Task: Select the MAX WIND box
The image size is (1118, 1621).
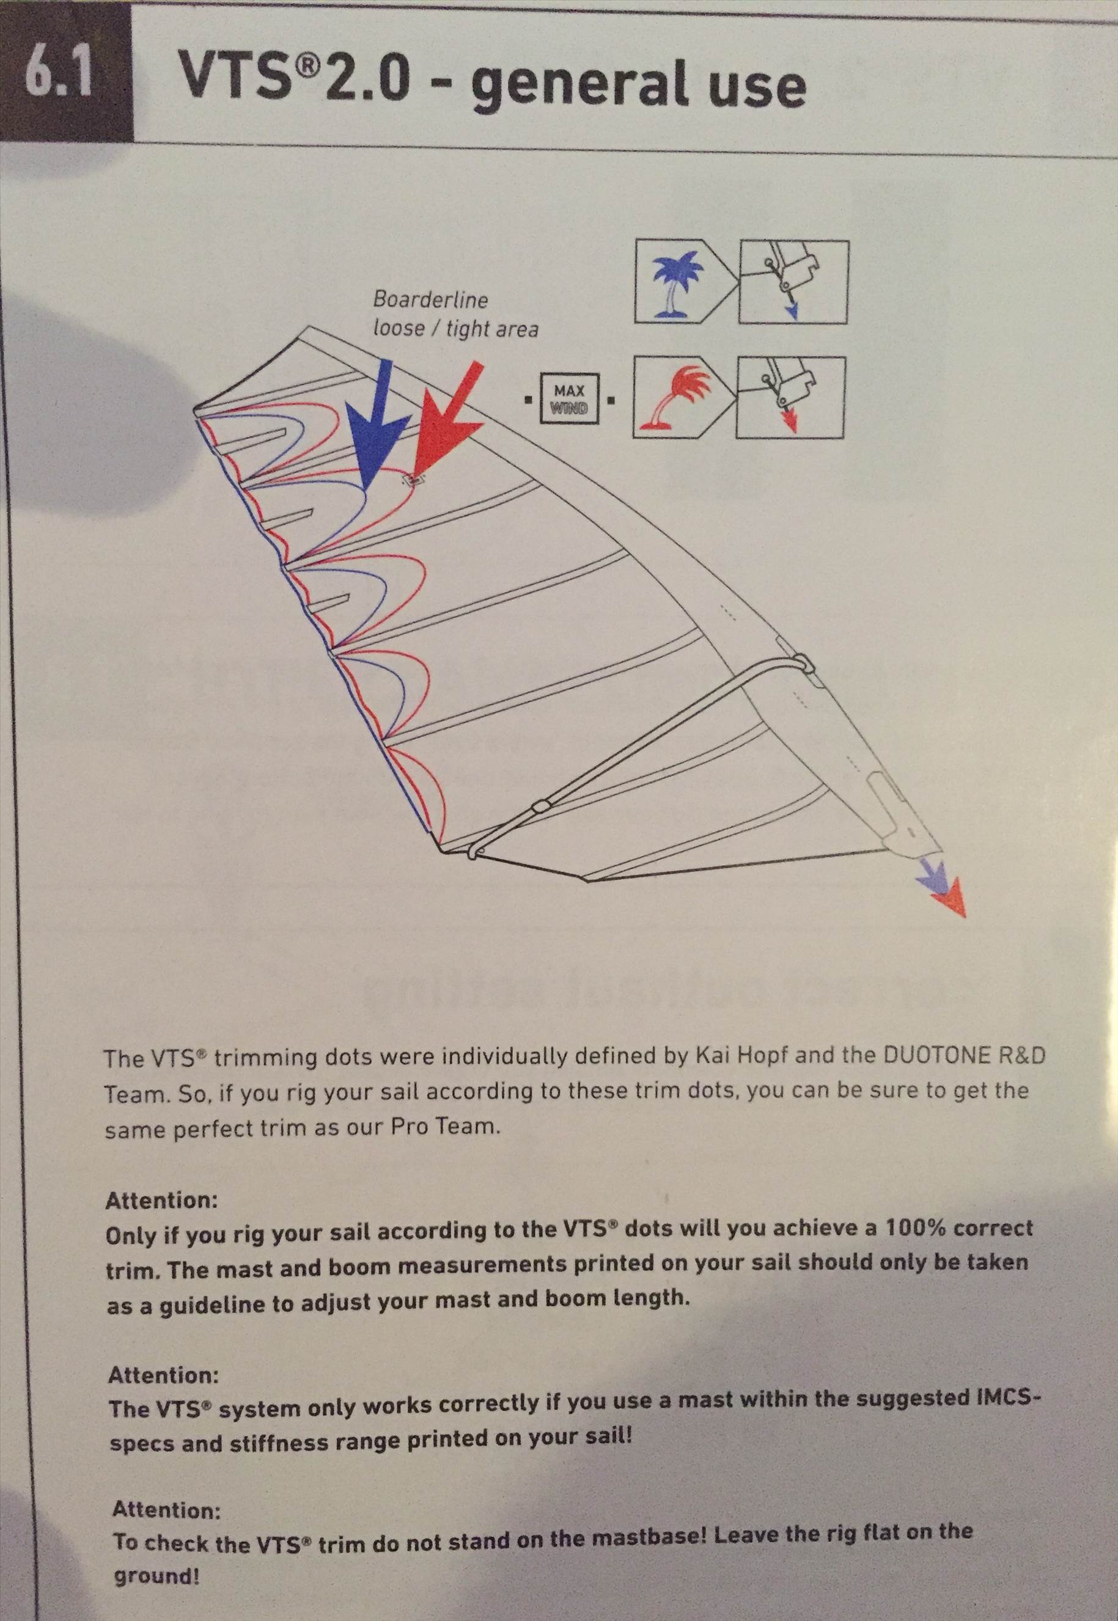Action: click(569, 398)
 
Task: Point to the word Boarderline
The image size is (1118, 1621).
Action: click(430, 299)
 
